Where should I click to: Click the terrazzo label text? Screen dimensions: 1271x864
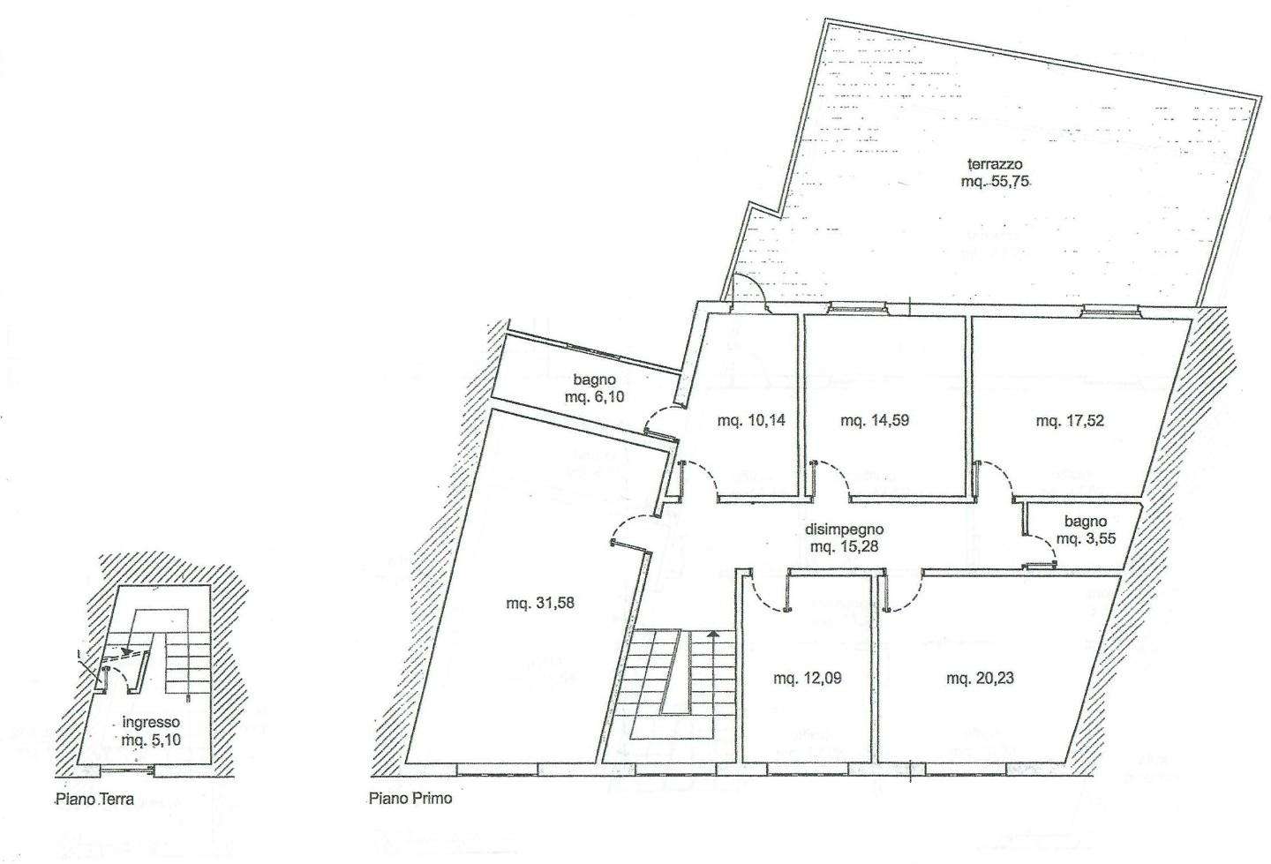[995, 164]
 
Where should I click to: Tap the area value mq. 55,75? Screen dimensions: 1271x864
[996, 182]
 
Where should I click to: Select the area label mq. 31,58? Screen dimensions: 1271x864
[539, 603]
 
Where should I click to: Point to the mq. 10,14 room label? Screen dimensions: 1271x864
[751, 420]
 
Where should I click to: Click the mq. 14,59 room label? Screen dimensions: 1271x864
[875, 420]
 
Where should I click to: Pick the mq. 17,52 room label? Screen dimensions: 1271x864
[1070, 421]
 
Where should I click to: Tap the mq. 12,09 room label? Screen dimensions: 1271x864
[807, 678]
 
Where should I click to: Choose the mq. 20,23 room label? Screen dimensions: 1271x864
[980, 678]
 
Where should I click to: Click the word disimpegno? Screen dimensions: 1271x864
[845, 530]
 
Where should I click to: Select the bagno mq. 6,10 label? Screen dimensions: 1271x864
[594, 388]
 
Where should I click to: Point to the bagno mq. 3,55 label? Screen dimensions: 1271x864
[1086, 530]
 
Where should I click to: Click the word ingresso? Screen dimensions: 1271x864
[151, 722]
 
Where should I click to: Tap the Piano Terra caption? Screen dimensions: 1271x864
[94, 800]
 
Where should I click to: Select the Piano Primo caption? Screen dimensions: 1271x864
[410, 798]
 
